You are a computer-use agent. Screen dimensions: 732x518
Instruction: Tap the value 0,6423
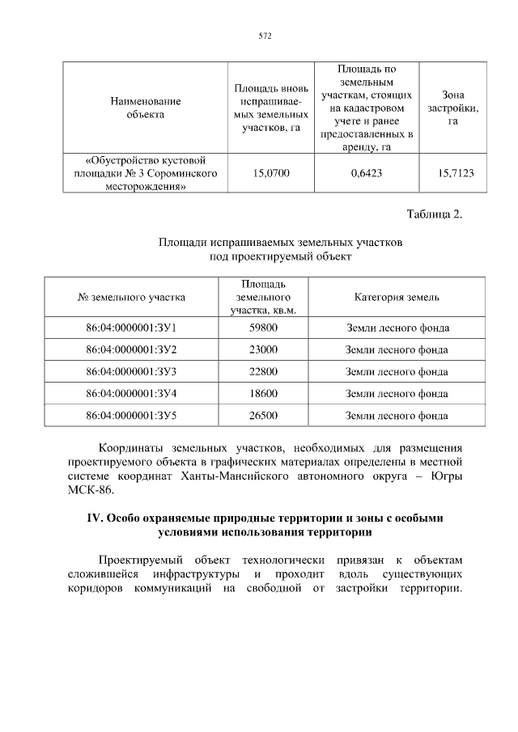point(366,172)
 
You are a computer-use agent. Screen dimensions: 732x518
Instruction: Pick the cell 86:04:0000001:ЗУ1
point(131,328)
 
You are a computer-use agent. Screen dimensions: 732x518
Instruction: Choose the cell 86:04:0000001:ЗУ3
point(131,372)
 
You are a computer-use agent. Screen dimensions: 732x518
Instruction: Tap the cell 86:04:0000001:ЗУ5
point(131,416)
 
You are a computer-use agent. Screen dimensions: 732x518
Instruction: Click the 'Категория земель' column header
point(397,297)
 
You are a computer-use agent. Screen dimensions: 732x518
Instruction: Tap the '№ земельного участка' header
point(131,297)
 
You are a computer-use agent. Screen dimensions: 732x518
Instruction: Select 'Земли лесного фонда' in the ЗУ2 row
point(397,349)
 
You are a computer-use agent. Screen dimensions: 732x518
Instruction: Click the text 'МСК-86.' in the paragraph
point(91,490)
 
